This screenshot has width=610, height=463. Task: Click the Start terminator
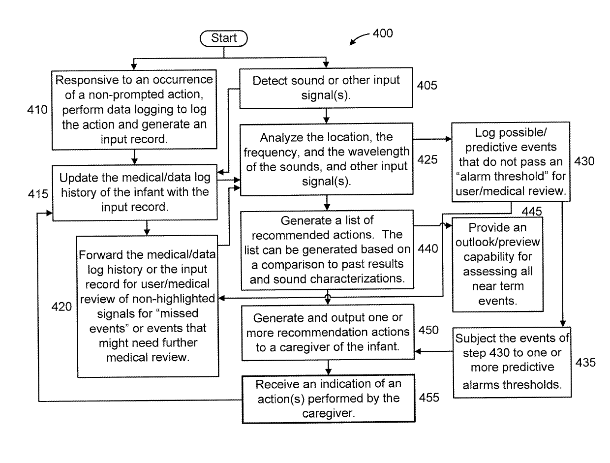point(223,38)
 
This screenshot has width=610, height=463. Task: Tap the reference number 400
point(383,33)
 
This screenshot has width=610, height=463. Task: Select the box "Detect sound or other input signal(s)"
point(326,88)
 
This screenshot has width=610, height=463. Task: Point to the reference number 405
point(427,85)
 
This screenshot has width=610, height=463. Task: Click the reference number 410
point(37,110)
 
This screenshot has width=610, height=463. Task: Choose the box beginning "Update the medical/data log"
point(135,192)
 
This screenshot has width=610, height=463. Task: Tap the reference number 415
point(38,194)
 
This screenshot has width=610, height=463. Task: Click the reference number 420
point(61,307)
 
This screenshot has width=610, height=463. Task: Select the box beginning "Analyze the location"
point(327,159)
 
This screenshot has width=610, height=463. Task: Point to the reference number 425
point(427,159)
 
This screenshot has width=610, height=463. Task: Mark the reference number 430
point(584,161)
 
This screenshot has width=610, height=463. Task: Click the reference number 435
point(585,363)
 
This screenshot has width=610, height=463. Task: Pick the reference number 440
point(428,248)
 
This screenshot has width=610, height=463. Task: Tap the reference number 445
point(532,211)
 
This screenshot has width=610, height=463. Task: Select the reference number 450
point(428,330)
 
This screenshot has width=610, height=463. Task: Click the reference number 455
point(429,398)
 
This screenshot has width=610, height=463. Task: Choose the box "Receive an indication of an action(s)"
point(329,399)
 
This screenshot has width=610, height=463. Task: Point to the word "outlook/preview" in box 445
point(497,242)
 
